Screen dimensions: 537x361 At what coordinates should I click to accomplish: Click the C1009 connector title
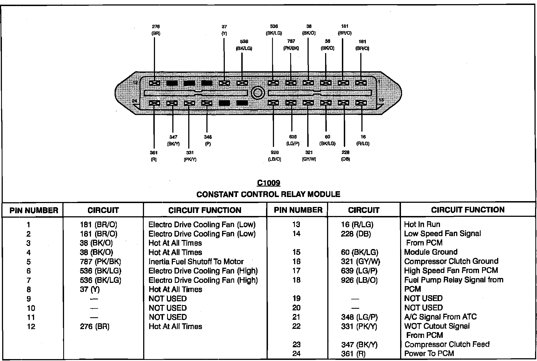[268, 183]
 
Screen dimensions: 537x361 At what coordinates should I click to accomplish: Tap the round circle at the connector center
[258, 93]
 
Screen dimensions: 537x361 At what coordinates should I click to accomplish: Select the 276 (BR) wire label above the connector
[156, 30]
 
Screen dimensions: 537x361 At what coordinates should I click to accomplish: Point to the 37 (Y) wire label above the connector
[224, 30]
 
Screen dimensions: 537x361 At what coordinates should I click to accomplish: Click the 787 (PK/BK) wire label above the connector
[291, 45]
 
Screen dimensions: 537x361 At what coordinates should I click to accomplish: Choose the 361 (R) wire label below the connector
[154, 156]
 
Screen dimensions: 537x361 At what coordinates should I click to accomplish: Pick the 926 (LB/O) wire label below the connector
[275, 156]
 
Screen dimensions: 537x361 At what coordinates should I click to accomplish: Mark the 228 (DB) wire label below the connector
[345, 156]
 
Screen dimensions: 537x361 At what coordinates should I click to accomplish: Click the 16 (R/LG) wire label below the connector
[363, 140]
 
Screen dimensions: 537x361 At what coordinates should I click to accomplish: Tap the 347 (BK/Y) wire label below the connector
[173, 140]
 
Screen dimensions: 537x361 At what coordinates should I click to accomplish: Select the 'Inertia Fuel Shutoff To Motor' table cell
[196, 262]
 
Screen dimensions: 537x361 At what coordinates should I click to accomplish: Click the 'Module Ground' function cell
[431, 252]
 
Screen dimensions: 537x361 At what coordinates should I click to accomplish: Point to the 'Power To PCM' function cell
[429, 354]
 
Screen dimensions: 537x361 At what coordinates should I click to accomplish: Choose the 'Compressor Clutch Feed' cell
[447, 344]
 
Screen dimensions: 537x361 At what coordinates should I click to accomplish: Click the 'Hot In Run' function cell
[422, 225]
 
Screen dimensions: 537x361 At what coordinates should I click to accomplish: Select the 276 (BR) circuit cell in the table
[95, 327]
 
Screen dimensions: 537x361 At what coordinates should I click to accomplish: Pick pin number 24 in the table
[296, 354]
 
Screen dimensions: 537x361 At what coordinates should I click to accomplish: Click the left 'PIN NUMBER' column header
[34, 210]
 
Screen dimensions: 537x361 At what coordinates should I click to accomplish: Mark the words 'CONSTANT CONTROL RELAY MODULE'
[268, 195]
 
